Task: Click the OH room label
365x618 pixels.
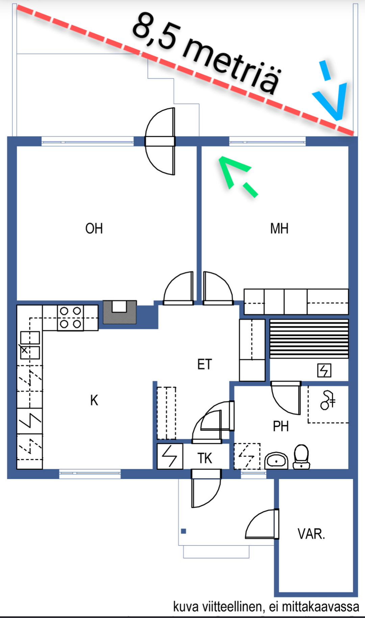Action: coord(94,229)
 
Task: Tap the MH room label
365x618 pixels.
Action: coord(279,229)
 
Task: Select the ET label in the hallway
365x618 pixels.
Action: coord(204,364)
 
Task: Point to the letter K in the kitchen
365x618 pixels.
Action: coord(94,400)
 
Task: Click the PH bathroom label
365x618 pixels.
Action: coord(281,426)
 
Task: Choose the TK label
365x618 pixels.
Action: coord(205,458)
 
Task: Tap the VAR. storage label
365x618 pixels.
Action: coord(311,534)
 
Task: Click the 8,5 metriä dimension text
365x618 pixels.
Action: coord(206,52)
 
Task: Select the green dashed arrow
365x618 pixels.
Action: coord(237,176)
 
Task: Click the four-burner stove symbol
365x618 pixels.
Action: coord(70,318)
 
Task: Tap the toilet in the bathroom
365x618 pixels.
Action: coord(301,457)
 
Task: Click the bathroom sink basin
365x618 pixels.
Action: coord(276,461)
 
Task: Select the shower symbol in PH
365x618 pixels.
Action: coord(327,400)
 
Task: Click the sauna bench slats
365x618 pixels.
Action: coord(309,339)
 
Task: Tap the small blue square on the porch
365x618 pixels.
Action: coord(184,531)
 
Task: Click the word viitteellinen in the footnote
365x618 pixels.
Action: coord(234,607)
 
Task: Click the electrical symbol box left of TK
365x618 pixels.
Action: coord(170,456)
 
